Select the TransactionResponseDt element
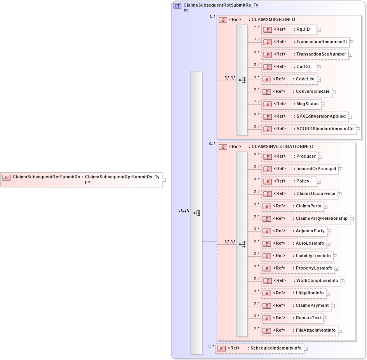(305, 42)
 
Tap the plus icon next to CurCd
(318, 67)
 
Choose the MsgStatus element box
(291, 104)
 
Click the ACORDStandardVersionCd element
(309, 129)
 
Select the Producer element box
(290, 157)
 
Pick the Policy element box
(289, 181)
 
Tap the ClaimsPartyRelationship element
(305, 219)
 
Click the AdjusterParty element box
(294, 231)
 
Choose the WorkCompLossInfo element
(301, 281)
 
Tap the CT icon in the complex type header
(177, 6)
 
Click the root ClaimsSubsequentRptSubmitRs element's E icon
(6, 177)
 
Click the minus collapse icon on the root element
(164, 180)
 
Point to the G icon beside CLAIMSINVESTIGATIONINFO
(223, 147)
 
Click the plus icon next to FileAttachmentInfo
(340, 331)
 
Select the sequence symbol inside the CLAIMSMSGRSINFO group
(242, 80)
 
